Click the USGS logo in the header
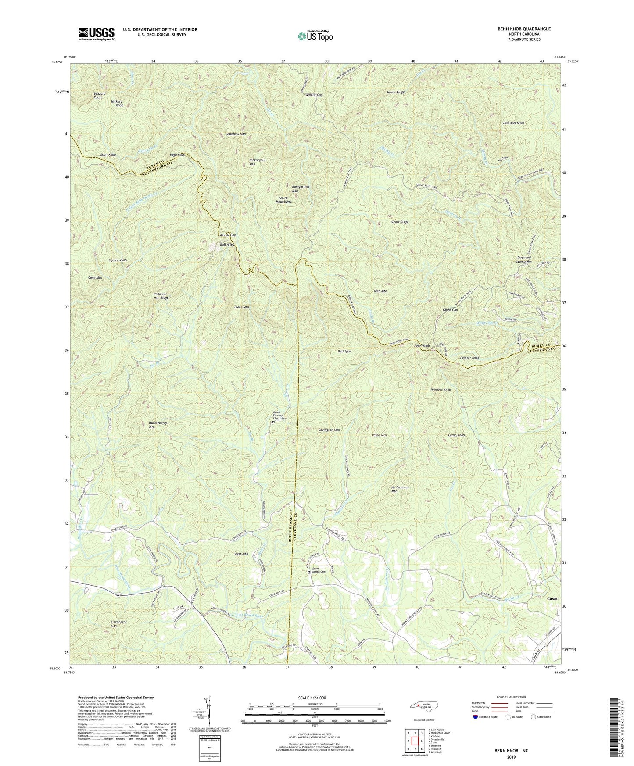pos(97,34)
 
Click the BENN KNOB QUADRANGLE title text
pos(524,29)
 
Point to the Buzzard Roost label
pos(98,95)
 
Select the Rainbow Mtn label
pos(236,134)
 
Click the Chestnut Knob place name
pos(513,123)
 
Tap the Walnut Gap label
pos(314,95)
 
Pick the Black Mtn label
pos(241,307)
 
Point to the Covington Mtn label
pos(329,430)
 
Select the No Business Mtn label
pos(400,489)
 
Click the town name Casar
pos(553,598)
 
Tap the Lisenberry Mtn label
pos(118,624)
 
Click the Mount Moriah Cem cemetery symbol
pos(308,572)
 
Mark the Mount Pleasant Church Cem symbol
pos(273,422)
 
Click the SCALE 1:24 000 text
pos(312,698)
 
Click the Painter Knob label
pos(469,358)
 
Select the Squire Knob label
pos(118,261)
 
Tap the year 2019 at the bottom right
pos(511,757)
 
